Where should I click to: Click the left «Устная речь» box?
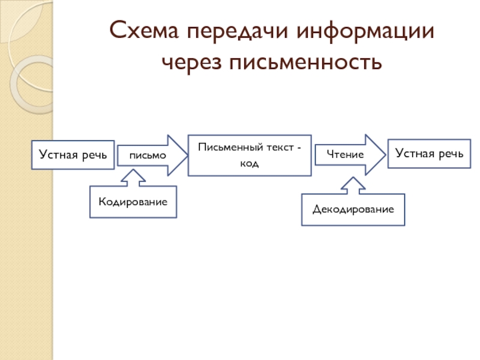tap(73, 155)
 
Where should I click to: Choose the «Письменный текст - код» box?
tap(250, 155)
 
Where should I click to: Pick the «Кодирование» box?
tap(133, 202)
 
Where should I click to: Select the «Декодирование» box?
tap(353, 209)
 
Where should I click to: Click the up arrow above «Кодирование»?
tap(134, 177)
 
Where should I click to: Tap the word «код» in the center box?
tap(250, 164)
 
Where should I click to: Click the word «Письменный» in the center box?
tap(226, 148)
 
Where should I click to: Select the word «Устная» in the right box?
tap(416, 154)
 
